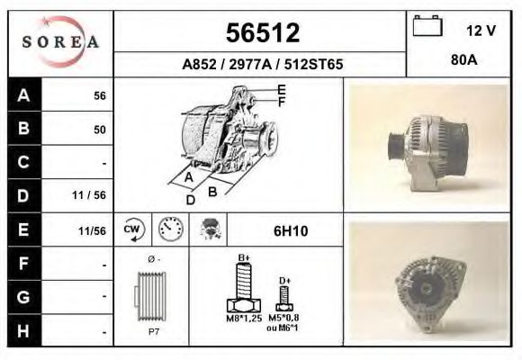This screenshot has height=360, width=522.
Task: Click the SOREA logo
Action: pos(59,42)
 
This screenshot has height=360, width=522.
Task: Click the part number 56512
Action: pos(261,33)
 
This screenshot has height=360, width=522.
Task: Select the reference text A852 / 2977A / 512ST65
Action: pos(261,65)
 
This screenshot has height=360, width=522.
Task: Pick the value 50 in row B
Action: pos(99,130)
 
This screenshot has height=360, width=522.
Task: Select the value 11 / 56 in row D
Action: pos(94,195)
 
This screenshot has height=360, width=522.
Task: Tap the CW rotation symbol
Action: pos(132,229)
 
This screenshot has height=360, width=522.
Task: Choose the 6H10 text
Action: pos(290,231)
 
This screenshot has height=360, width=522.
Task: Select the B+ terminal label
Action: pos(243,258)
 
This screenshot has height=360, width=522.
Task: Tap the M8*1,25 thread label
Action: pos(243,318)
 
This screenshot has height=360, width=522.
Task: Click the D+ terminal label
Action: pos(284,281)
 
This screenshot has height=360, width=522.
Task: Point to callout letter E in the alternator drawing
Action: pos(282,89)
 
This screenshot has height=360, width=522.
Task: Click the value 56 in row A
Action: pos(99,95)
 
